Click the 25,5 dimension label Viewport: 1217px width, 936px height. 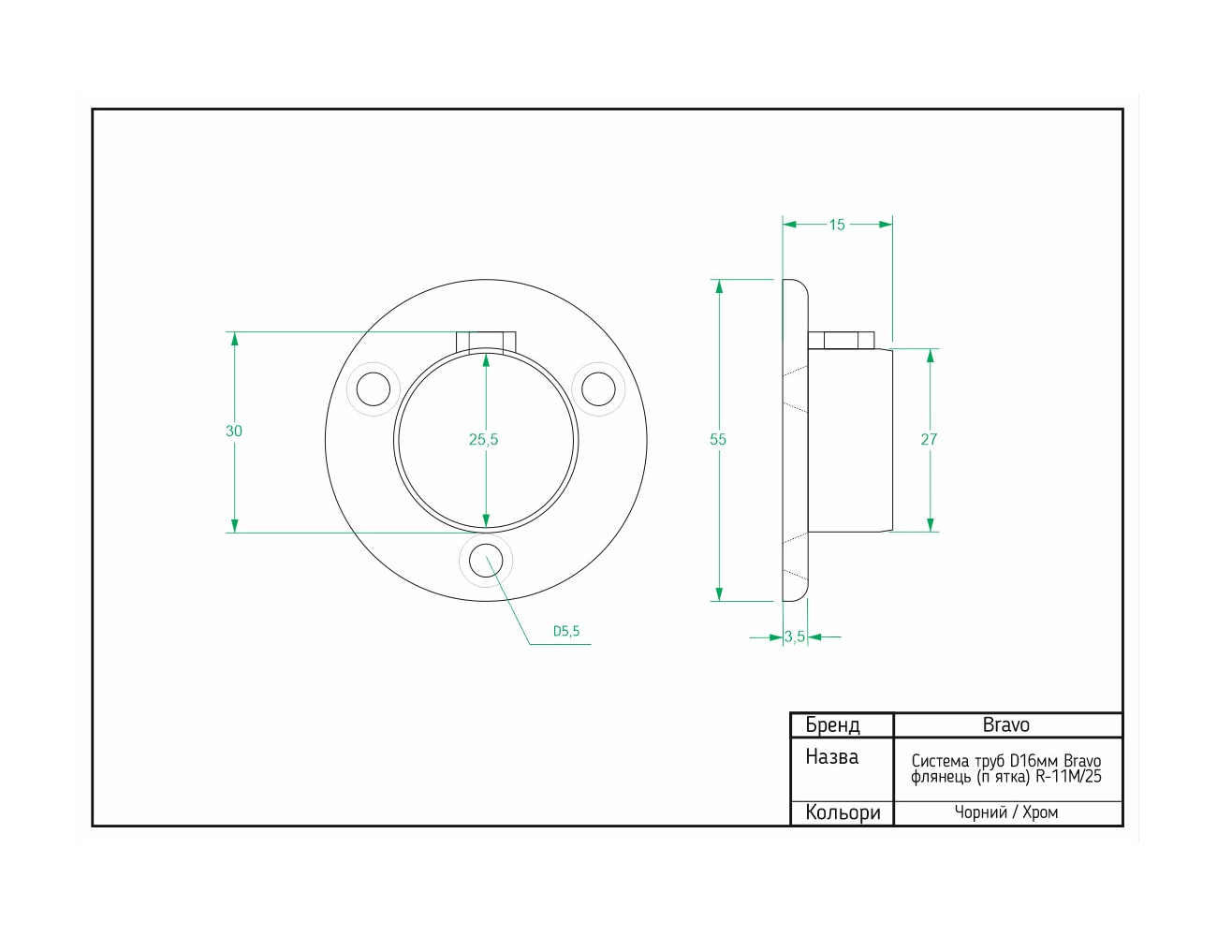coord(483,440)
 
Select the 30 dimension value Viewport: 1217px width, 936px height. coord(233,431)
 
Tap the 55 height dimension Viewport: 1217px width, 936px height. coord(717,440)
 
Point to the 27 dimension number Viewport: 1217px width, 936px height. coord(929,440)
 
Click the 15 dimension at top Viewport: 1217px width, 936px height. coord(837,225)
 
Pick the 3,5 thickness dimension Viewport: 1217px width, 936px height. coord(795,637)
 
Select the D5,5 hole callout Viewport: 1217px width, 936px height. coord(566,632)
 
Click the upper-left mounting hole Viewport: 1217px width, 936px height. coord(373,389)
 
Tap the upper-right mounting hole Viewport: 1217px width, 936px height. coord(598,389)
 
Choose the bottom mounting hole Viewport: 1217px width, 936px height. coord(486,561)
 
